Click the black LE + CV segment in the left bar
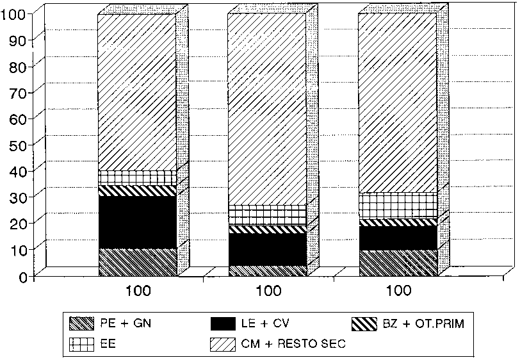137,222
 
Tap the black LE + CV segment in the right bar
398,238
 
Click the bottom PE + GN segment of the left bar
137,262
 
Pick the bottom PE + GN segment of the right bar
398,263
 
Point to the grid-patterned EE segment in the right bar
398,205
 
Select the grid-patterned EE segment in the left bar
137,177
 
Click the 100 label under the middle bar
267,291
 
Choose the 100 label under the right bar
398,291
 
